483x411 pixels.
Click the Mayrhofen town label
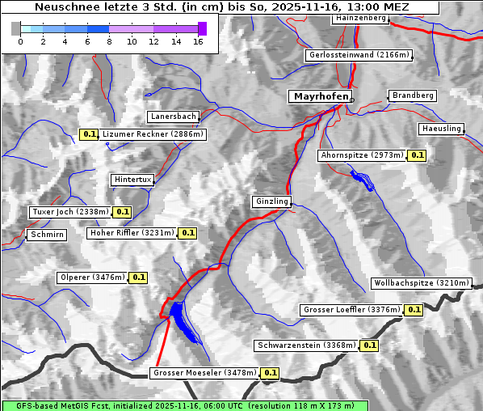(x=321, y=96)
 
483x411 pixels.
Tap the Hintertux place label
(x=132, y=180)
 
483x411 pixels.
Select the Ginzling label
(x=271, y=201)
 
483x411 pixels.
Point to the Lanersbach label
(x=173, y=117)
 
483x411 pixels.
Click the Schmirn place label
(x=46, y=235)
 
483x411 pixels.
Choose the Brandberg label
(x=413, y=95)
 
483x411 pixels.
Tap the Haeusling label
(x=441, y=129)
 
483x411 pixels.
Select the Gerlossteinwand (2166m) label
(x=359, y=55)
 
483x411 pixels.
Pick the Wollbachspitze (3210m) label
(x=421, y=283)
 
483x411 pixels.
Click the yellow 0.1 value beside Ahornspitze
(x=417, y=155)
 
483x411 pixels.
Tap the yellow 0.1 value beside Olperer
(x=138, y=278)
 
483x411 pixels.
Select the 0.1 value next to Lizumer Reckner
(x=89, y=134)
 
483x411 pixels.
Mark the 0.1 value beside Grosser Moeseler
(x=270, y=373)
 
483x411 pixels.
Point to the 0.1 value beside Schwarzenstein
(x=369, y=345)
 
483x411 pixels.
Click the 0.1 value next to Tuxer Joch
(x=122, y=212)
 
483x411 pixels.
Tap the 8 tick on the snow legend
(x=109, y=40)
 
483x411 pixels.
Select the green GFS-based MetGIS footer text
(x=184, y=405)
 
